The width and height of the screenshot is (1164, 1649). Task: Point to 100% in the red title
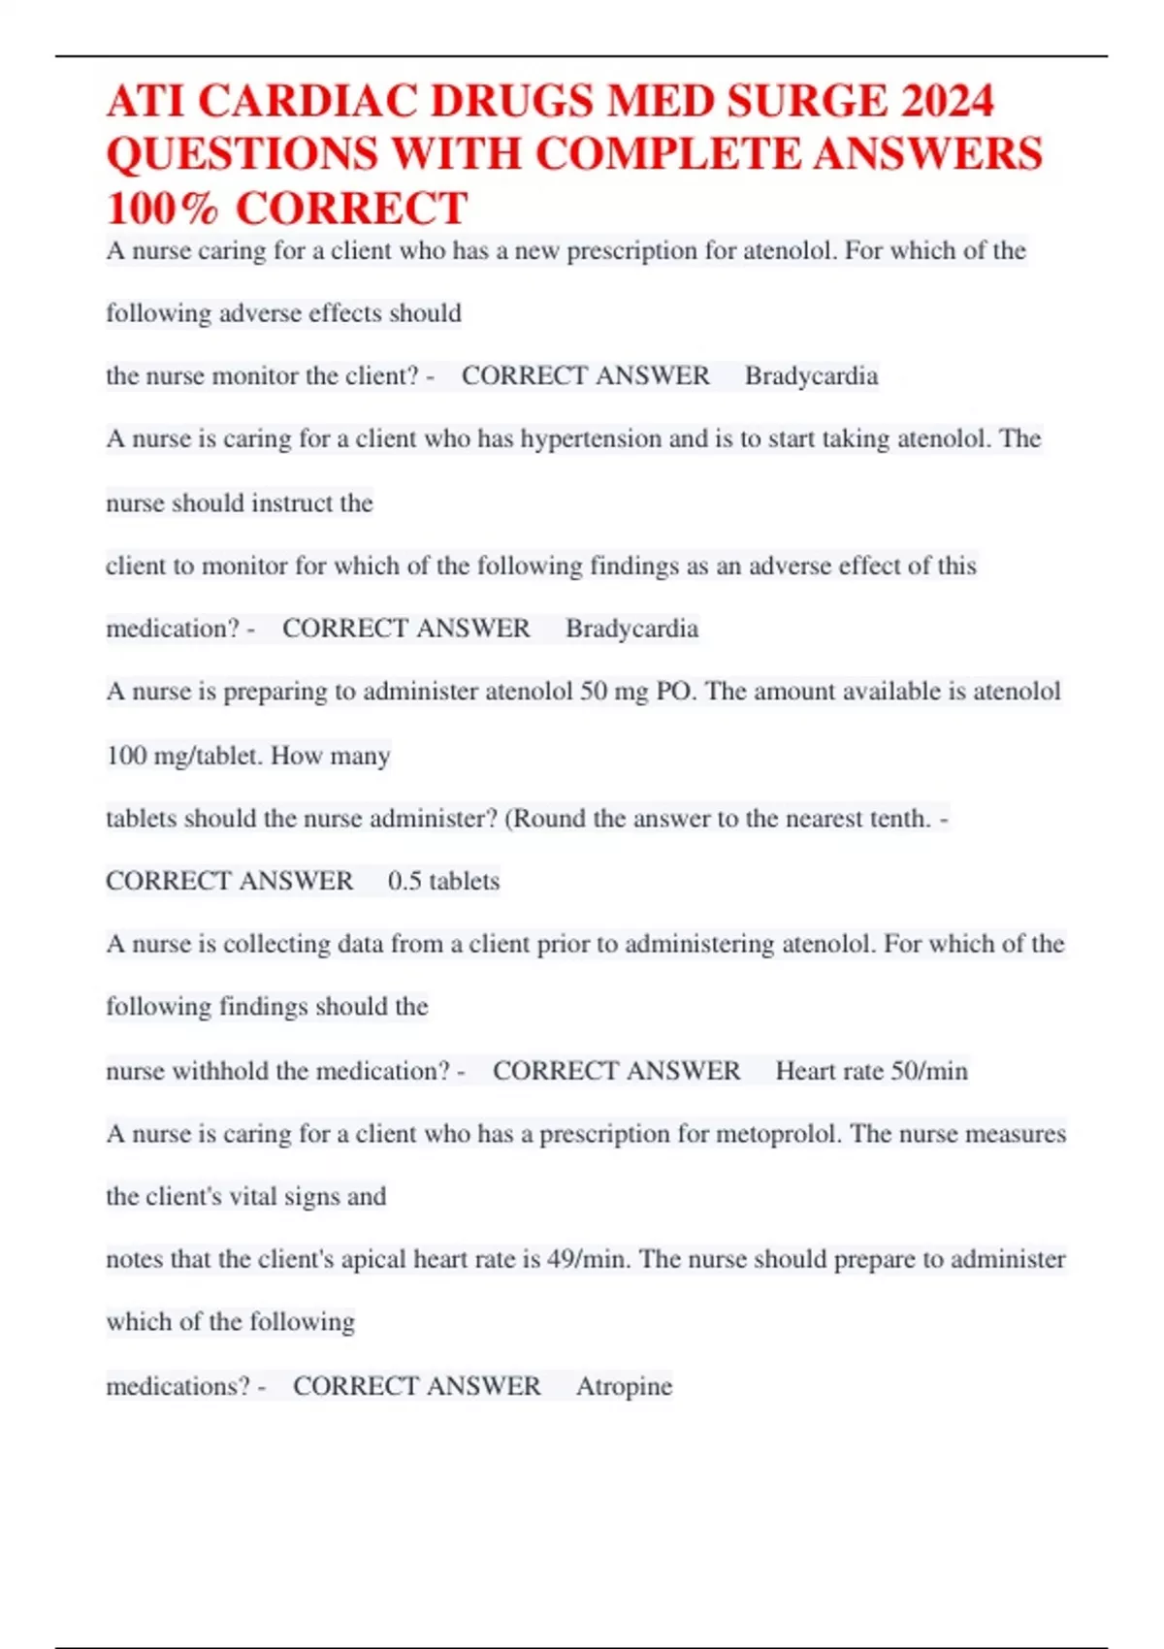(162, 209)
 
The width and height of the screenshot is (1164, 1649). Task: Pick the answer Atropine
(624, 1386)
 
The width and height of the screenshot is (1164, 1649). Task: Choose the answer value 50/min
(929, 1071)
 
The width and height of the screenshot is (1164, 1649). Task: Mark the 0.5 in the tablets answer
(404, 881)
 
